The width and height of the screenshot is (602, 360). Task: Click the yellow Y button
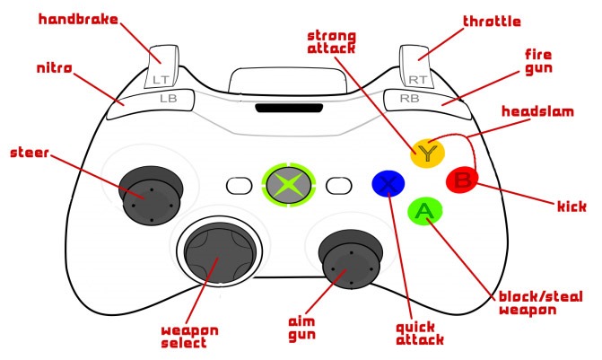tap(429, 151)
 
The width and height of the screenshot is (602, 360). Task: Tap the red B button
tap(463, 180)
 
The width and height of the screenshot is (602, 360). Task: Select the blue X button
tap(388, 183)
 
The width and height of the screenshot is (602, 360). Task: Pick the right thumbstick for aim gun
tap(345, 259)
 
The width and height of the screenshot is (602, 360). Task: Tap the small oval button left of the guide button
tap(239, 186)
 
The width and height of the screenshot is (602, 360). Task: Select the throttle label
tap(493, 21)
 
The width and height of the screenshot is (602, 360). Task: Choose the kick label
tap(571, 206)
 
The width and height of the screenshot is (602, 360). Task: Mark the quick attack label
tap(414, 334)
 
